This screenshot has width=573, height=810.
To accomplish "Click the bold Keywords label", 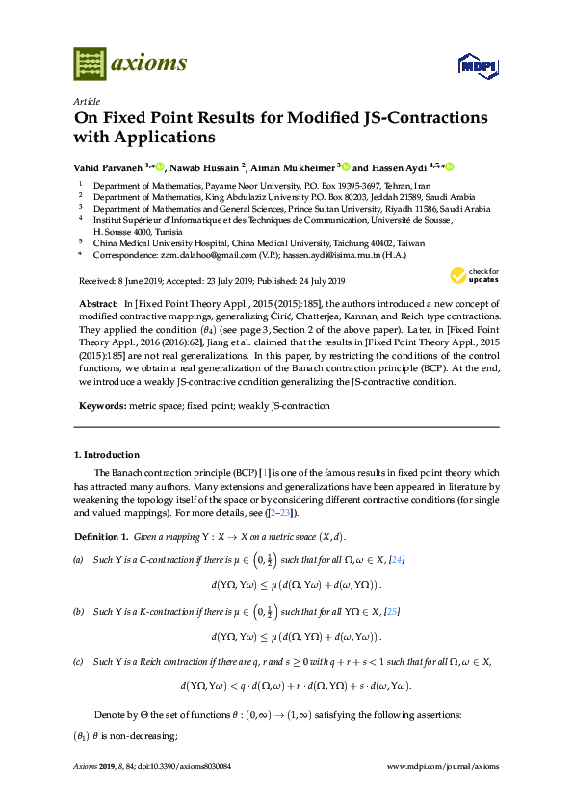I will click(x=102, y=393).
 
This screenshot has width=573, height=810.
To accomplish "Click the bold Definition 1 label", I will click(x=100, y=535).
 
